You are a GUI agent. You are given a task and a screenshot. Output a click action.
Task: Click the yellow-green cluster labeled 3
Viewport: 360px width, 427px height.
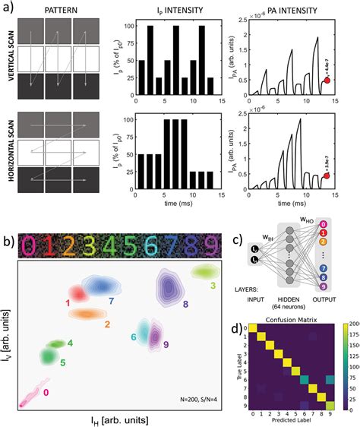204,271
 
